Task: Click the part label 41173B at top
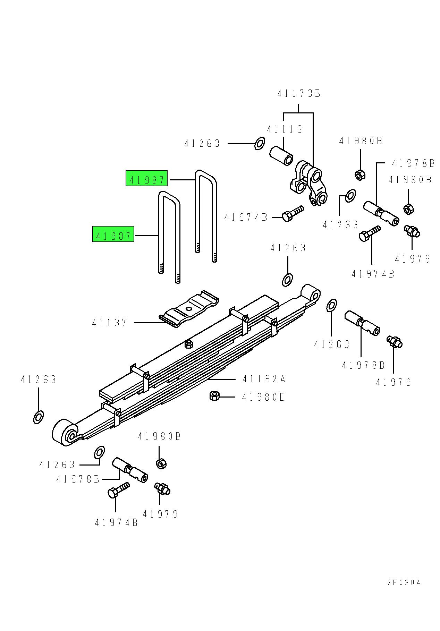click(x=298, y=93)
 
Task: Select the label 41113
click(x=285, y=129)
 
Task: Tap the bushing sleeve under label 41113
click(x=281, y=156)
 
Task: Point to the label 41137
click(x=110, y=323)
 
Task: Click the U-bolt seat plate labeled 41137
click(x=189, y=309)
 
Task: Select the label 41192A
click(x=264, y=379)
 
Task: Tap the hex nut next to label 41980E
click(x=214, y=395)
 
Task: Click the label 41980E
click(x=263, y=397)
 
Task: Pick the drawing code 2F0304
click(x=404, y=582)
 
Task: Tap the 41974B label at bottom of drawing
click(x=116, y=522)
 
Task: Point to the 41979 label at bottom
click(x=160, y=514)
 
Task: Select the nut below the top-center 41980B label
click(x=360, y=174)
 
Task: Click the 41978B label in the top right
click(x=413, y=163)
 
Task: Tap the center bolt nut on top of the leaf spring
click(x=189, y=344)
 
